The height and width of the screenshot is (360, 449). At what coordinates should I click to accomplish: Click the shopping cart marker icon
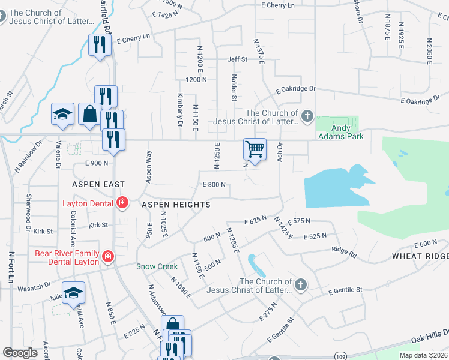coord(255,149)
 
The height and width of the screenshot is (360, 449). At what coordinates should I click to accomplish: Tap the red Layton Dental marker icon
coord(122,203)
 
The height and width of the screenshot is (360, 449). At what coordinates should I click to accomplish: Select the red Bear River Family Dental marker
coord(108,257)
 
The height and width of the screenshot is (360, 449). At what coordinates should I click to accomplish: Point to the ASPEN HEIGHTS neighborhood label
coord(176,205)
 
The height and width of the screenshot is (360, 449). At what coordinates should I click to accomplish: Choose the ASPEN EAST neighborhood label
coord(99,184)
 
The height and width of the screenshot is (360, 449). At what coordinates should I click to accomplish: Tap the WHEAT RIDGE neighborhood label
coord(420,256)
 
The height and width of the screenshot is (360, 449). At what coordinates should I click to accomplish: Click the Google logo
coord(20,353)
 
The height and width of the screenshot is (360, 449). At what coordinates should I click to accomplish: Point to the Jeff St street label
coord(237,59)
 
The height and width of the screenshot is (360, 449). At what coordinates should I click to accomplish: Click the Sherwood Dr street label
coord(28,214)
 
